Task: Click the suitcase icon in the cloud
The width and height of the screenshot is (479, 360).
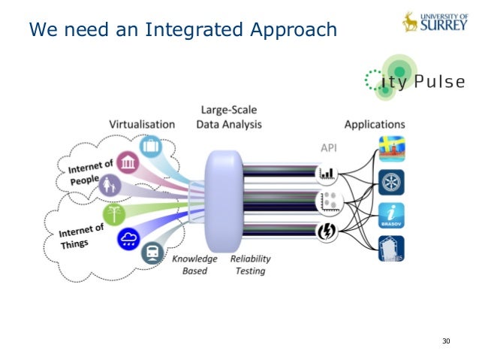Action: pyautogui.click(x=152, y=145)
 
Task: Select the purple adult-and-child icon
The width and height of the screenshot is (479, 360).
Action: pyautogui.click(x=108, y=184)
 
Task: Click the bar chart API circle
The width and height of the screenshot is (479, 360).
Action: pyautogui.click(x=327, y=174)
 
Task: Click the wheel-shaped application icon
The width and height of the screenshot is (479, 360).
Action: pyautogui.click(x=391, y=183)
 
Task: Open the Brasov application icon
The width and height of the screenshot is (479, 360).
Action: pyautogui.click(x=391, y=216)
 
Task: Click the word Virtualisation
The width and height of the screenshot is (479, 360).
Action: pyautogui.click(x=142, y=124)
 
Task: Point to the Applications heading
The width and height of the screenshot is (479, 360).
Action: pyautogui.click(x=374, y=124)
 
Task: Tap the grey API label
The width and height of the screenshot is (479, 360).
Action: pyautogui.click(x=328, y=148)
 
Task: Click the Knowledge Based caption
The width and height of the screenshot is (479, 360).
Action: pyautogui.click(x=194, y=265)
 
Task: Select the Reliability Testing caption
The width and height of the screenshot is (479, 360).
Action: pyautogui.click(x=250, y=265)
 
